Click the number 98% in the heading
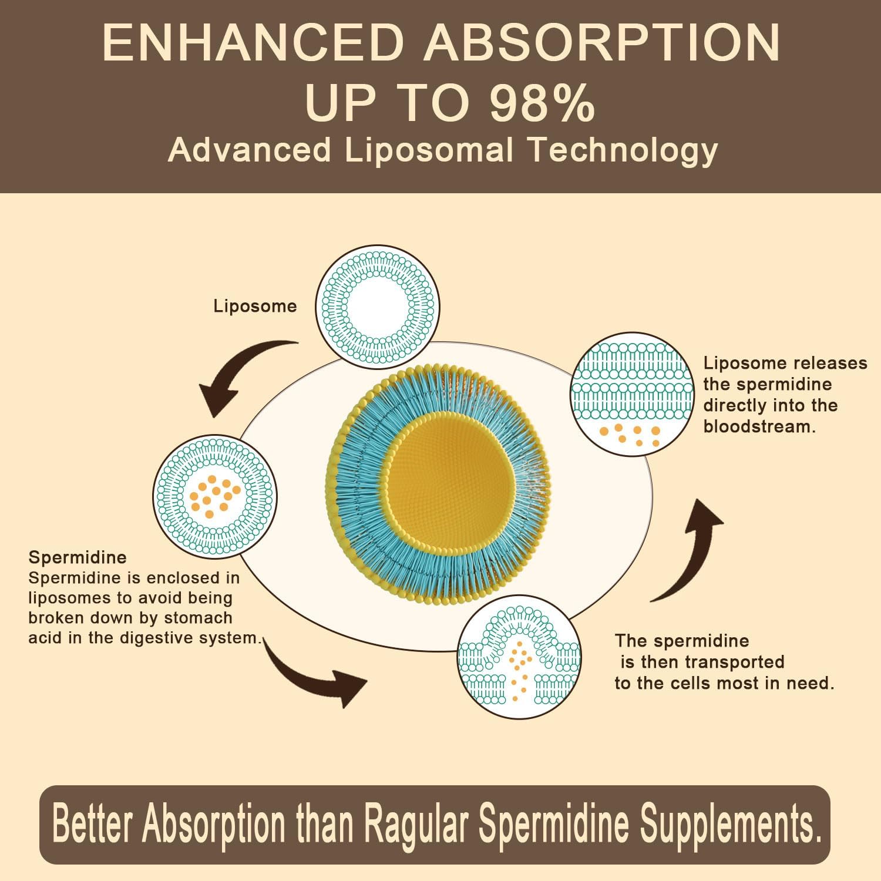coord(542,103)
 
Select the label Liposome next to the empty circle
coord(255,306)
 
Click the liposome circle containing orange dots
coord(214,496)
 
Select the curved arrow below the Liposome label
coord(241,373)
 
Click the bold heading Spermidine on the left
coord(78,557)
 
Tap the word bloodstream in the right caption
coord(759,427)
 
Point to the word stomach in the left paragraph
coord(199,618)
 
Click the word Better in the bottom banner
coord(91,824)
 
